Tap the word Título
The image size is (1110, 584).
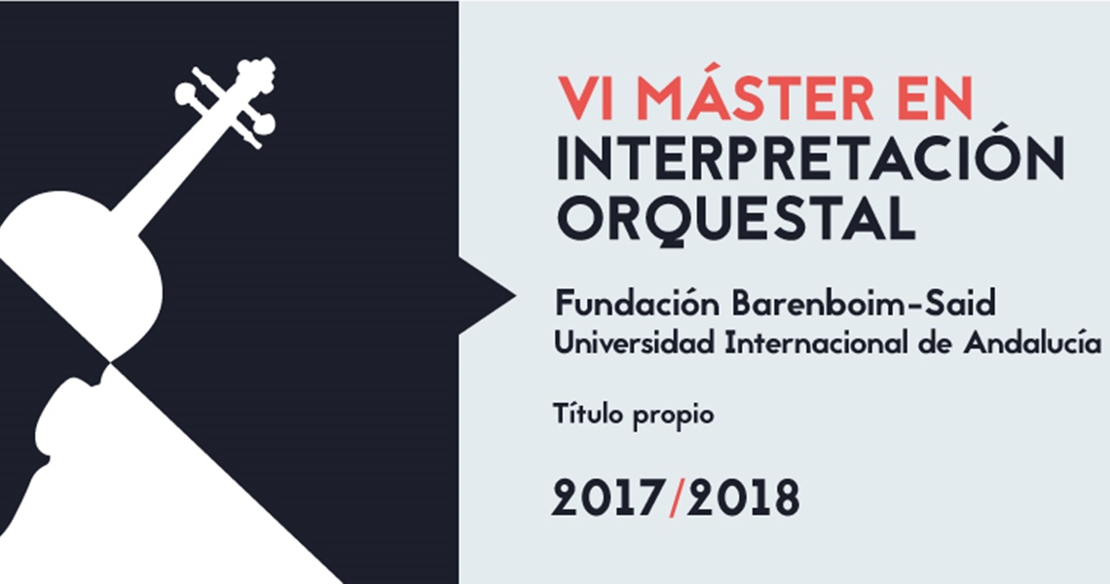click(589, 414)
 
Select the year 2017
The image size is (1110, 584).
click(609, 497)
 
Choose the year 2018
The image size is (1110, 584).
click(743, 497)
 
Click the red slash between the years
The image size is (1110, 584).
click(676, 497)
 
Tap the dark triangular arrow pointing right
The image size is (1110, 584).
click(487, 295)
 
